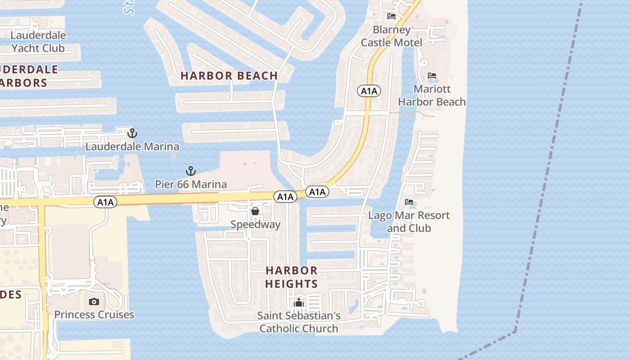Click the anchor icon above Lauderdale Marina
click(132, 133)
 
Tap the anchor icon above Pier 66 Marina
click(191, 171)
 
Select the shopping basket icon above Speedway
click(255, 211)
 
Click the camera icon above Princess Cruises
click(94, 301)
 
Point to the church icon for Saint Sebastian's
click(299, 302)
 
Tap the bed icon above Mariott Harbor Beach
click(432, 76)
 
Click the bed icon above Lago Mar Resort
click(409, 202)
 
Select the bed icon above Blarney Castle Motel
click(391, 16)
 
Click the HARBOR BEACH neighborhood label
click(229, 76)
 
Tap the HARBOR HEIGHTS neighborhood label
click(292, 277)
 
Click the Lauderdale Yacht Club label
click(38, 41)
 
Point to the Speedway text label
click(255, 224)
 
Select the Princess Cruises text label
click(94, 315)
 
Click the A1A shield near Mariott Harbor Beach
click(369, 91)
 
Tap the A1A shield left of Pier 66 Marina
click(105, 202)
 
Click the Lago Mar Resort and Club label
click(409, 221)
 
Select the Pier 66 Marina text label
click(191, 184)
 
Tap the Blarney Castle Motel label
click(391, 36)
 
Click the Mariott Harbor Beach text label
click(432, 95)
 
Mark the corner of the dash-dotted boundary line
click(515, 332)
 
